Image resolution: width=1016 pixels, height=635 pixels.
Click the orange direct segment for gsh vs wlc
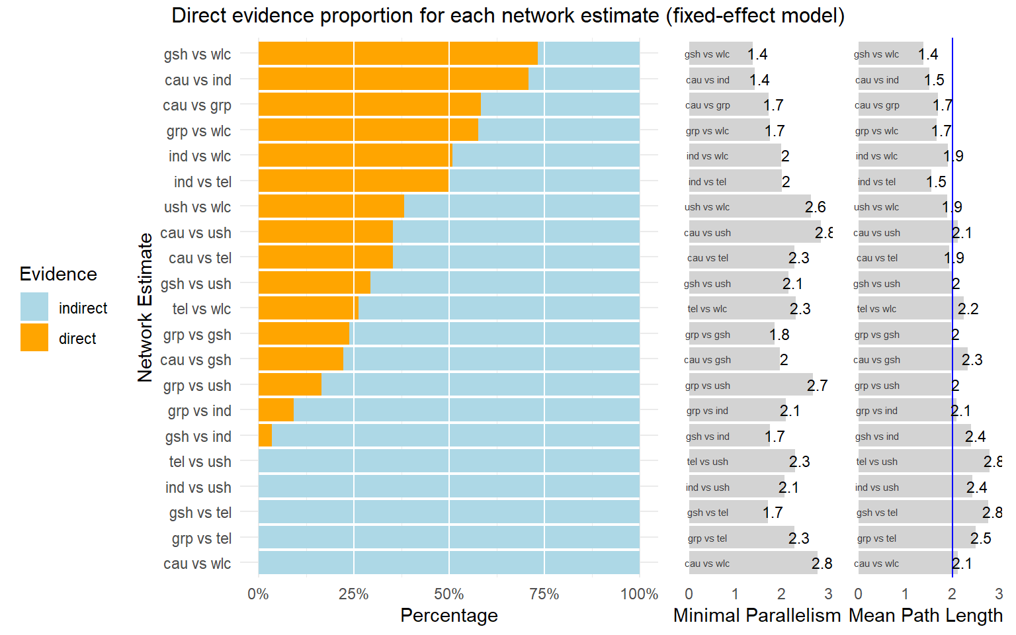pos(398,54)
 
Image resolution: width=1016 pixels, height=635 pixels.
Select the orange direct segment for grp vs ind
pos(276,410)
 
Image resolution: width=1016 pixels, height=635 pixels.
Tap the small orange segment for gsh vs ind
pos(265,436)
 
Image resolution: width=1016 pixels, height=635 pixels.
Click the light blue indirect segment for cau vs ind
pos(584,79)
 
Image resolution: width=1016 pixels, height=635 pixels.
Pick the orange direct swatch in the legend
pos(34,337)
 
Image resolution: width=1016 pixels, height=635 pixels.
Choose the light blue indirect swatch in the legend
pos(34,307)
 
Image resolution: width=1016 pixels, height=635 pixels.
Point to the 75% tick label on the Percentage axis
pos(544,594)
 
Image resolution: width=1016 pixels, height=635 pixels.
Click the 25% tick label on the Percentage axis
pos(353,594)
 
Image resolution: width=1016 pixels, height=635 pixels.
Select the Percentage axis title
pos(448,615)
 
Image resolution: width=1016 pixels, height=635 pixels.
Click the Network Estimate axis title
pos(145,308)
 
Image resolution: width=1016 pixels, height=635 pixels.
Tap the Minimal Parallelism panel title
pos(757,615)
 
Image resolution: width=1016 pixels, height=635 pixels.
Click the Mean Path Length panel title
pos(925,615)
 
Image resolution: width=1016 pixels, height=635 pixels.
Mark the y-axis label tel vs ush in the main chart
pos(200,462)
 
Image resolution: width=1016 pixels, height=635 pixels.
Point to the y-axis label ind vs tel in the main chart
pos(202,182)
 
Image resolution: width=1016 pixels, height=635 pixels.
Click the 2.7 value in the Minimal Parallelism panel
pos(817,386)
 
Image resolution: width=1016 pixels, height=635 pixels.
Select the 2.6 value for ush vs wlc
pos(815,207)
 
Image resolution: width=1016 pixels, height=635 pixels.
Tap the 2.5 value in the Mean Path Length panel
pos(980,538)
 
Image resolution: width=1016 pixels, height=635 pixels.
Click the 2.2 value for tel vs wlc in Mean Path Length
pos(968,309)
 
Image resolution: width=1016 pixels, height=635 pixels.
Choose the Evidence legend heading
pos(58,274)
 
